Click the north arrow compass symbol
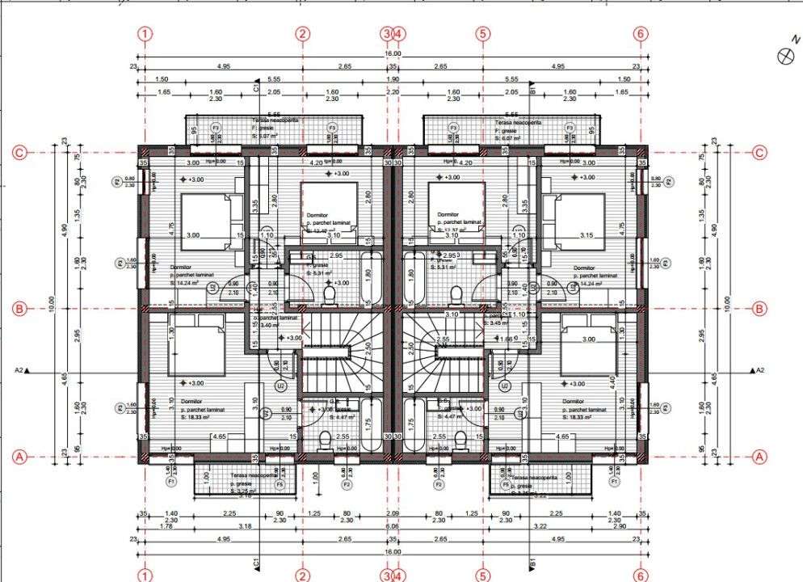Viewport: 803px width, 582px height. (x=783, y=55)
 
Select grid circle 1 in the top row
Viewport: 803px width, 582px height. (x=145, y=34)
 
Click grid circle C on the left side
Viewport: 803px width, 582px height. (x=21, y=153)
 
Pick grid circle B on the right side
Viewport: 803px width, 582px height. (x=759, y=308)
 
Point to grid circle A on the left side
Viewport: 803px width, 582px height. (x=21, y=457)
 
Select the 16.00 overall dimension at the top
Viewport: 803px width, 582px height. (x=393, y=53)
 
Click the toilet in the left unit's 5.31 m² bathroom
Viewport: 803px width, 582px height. (x=330, y=297)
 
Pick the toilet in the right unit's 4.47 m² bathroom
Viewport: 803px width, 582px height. (x=460, y=441)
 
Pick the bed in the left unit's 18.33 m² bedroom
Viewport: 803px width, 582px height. (x=195, y=347)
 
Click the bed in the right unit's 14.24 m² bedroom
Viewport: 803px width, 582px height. (x=579, y=217)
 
